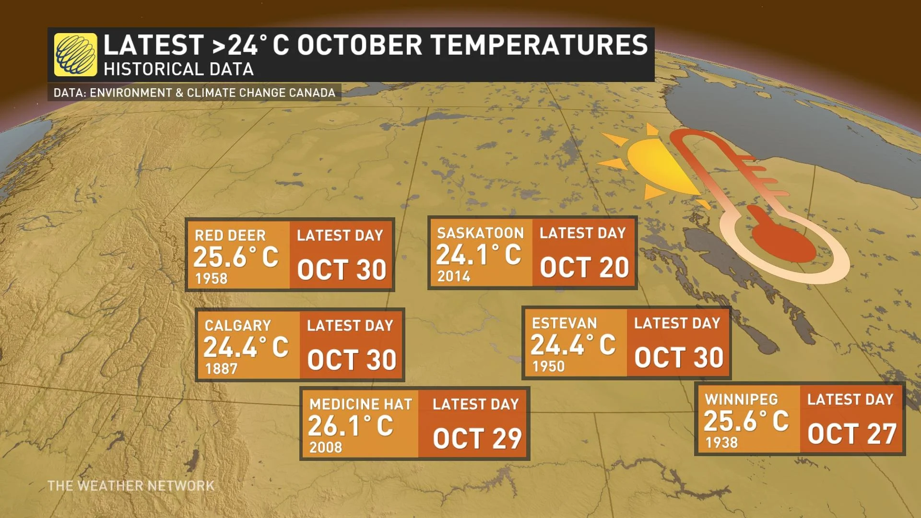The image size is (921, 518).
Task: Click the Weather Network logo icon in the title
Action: pos(75,54)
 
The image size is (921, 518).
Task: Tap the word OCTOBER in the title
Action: pos(360,45)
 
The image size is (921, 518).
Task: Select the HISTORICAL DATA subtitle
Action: pos(178,70)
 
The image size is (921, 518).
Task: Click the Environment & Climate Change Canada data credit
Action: pos(194,93)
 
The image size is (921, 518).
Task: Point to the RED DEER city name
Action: pos(230,235)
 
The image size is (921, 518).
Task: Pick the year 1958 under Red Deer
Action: pos(211,279)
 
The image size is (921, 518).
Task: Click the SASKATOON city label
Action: pos(480,233)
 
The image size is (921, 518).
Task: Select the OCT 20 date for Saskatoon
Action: pos(584,268)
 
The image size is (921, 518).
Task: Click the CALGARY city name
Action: pos(238,326)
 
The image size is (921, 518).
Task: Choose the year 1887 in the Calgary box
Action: pos(221,369)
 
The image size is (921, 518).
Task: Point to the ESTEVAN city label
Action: pos(565,323)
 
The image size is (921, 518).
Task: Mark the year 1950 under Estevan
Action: pos(548,366)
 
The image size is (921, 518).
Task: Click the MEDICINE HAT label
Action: pos(361,404)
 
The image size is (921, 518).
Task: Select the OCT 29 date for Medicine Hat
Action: pos(477,438)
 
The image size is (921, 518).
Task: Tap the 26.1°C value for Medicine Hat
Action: pos(351,426)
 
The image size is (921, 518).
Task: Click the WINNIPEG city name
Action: pos(742,400)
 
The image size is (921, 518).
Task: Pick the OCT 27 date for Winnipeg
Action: pos(852,434)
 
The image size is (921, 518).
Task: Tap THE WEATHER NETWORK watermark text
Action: pos(131,486)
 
